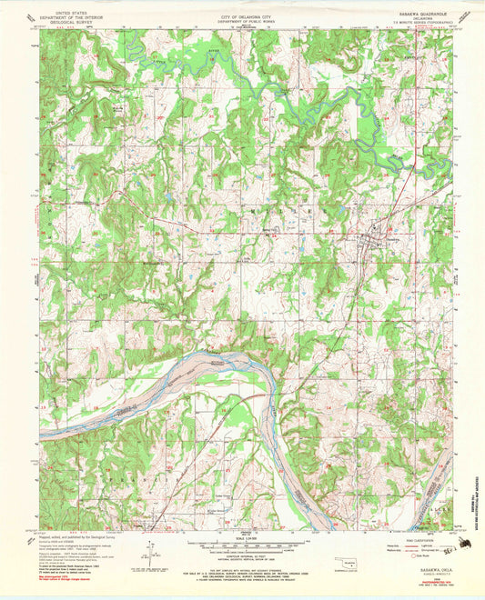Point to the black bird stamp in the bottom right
465,544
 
